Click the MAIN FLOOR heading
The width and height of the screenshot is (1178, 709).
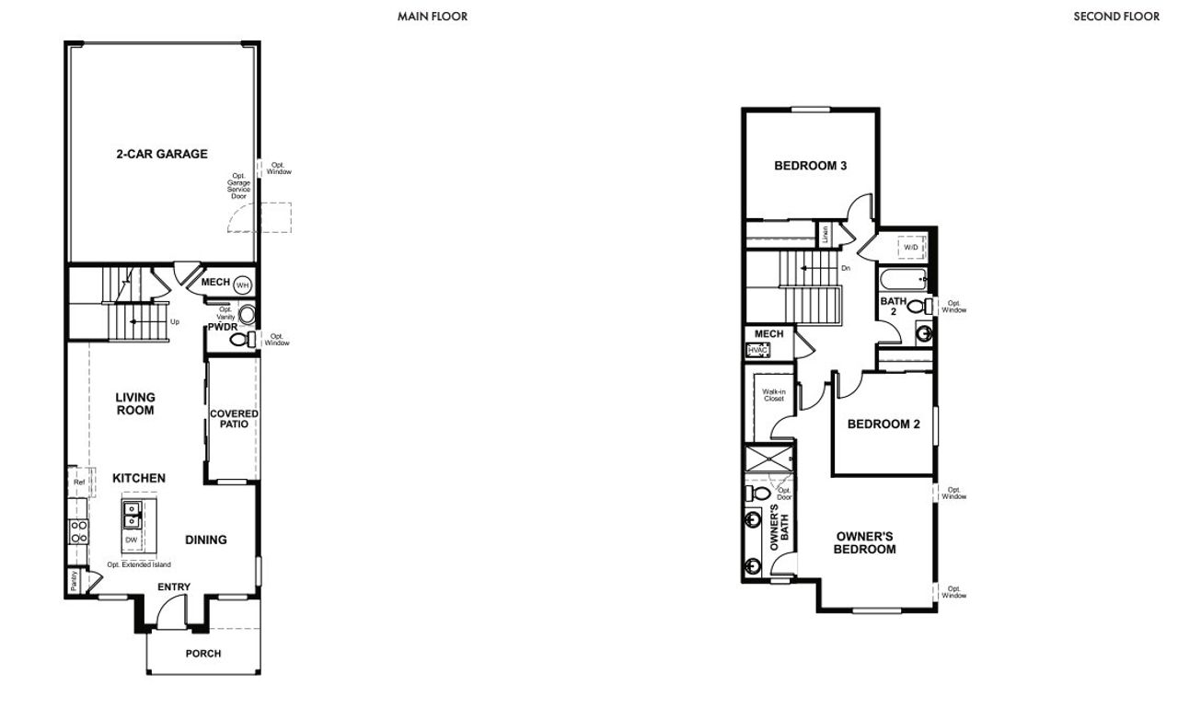pyautogui.click(x=432, y=17)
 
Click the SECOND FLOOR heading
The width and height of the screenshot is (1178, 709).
pyautogui.click(x=1116, y=17)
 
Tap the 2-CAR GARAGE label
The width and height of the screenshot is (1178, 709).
pyautogui.click(x=162, y=154)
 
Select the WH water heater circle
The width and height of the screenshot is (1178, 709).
pyautogui.click(x=243, y=285)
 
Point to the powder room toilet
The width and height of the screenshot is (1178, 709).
pyautogui.click(x=240, y=340)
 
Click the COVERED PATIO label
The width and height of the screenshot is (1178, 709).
pyautogui.click(x=234, y=420)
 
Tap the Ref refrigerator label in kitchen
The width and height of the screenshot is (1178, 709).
pyautogui.click(x=79, y=482)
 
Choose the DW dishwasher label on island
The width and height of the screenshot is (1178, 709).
pyautogui.click(x=132, y=539)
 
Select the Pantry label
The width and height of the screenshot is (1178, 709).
pyautogui.click(x=73, y=582)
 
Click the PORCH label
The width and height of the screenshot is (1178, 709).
pyautogui.click(x=203, y=654)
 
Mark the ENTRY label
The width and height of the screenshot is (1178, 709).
pyautogui.click(x=174, y=587)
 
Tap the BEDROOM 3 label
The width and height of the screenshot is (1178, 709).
pyautogui.click(x=810, y=166)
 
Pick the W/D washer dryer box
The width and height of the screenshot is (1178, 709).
pyautogui.click(x=911, y=248)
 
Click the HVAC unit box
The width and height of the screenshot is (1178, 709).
pyautogui.click(x=757, y=350)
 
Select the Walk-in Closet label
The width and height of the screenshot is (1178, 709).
pyautogui.click(x=773, y=395)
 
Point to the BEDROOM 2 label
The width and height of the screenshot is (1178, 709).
pyautogui.click(x=883, y=424)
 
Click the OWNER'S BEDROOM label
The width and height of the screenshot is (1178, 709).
pyautogui.click(x=864, y=542)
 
